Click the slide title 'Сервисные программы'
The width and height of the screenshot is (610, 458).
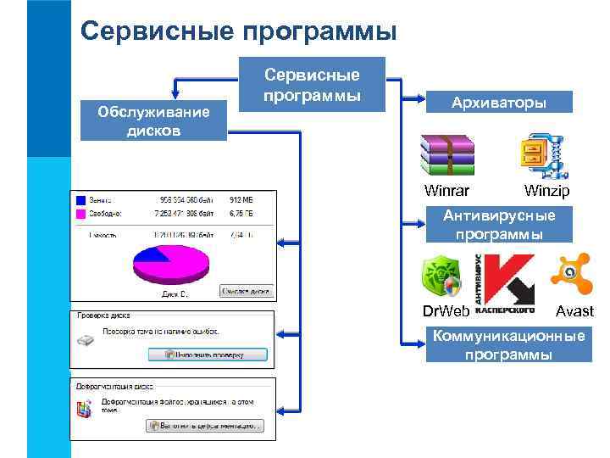click(239, 31)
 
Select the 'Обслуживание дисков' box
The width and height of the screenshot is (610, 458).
click(153, 121)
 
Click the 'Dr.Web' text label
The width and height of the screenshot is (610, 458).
click(446, 311)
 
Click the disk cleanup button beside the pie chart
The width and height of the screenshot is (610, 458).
click(246, 291)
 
